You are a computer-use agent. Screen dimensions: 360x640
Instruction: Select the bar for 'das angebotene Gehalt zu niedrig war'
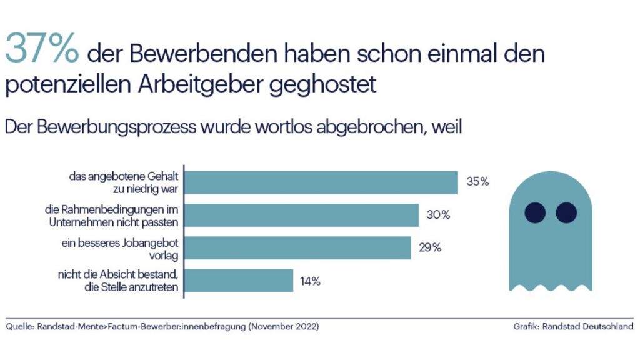[322, 182]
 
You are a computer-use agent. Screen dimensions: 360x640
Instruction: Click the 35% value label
[477, 182]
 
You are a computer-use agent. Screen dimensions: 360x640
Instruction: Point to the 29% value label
[430, 247]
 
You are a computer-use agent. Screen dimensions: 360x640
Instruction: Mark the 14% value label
[310, 281]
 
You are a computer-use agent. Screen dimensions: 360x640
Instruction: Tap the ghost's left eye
[535, 212]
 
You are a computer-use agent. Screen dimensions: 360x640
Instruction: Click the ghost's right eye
[566, 212]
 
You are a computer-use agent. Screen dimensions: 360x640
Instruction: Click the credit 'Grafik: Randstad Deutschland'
[573, 326]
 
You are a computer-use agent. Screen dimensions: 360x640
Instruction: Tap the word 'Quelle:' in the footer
[21, 326]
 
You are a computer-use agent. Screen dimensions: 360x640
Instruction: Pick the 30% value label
[438, 215]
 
